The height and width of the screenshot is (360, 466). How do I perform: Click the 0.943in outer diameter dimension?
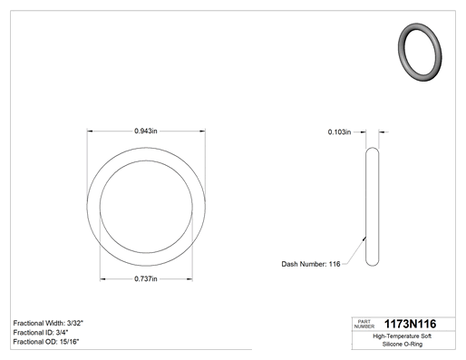(146, 131)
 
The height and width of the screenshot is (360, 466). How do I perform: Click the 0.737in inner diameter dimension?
(146, 278)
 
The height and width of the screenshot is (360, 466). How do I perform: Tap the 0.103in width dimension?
(339, 132)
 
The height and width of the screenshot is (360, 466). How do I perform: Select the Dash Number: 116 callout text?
(311, 264)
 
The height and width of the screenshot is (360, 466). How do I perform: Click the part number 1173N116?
(410, 324)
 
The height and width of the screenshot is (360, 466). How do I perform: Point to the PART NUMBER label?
(364, 324)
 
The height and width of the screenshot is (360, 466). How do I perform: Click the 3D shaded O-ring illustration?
(420, 52)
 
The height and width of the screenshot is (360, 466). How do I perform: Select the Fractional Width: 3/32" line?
(48, 323)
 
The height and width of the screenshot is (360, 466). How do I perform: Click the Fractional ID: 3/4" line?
(41, 333)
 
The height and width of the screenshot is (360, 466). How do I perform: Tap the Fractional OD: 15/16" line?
(46, 342)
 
